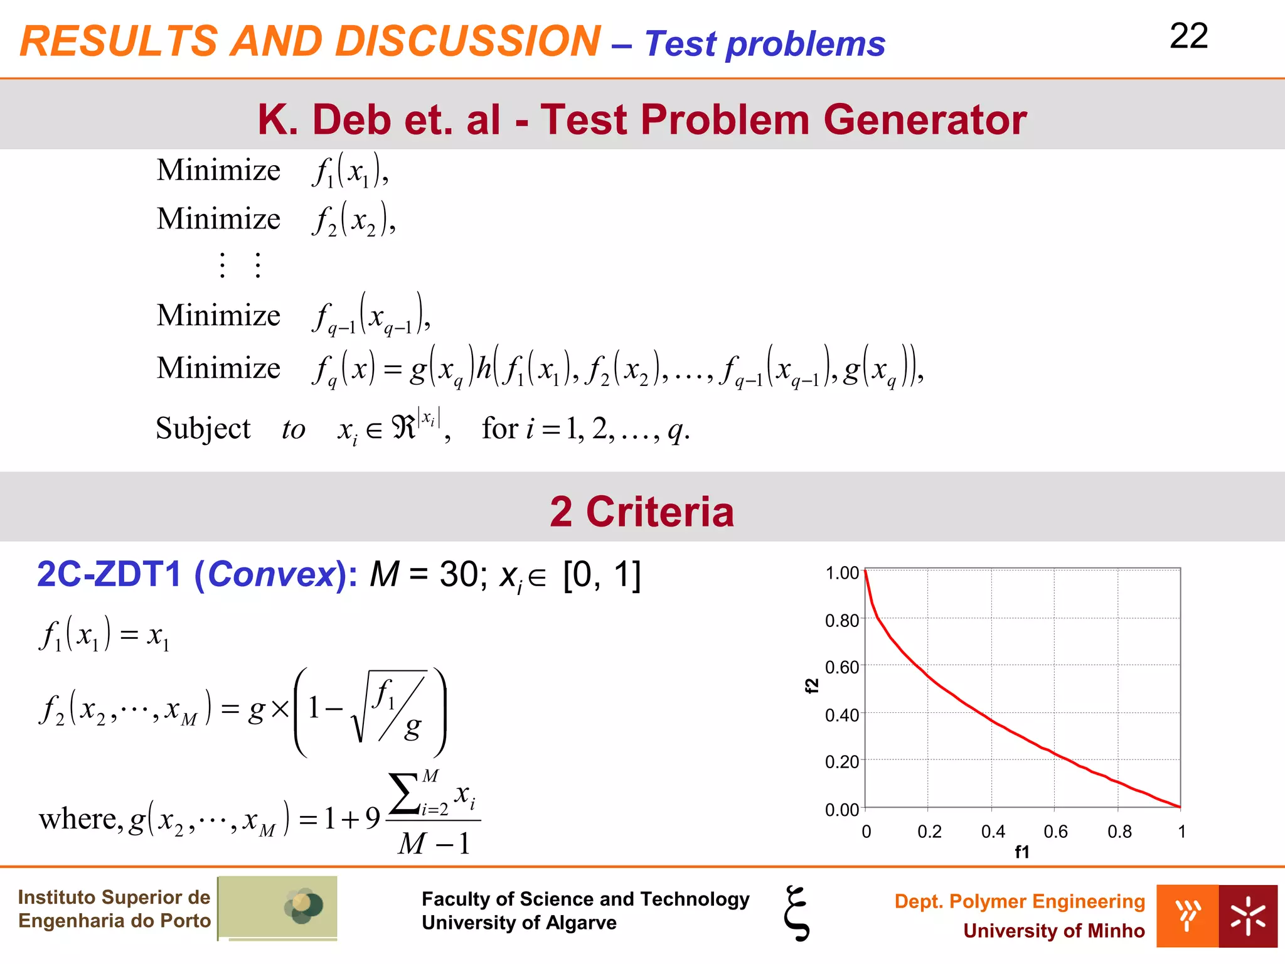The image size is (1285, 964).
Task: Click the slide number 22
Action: point(1188,36)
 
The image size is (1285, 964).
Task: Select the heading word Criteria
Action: point(659,511)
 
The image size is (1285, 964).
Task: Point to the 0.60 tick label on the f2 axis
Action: point(841,667)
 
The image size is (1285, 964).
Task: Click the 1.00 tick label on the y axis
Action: point(841,573)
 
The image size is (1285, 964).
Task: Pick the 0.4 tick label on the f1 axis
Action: point(993,832)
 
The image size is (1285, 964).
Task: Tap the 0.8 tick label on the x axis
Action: point(1119,832)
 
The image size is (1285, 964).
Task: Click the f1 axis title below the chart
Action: point(1022,852)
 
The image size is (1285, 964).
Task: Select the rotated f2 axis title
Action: point(812,686)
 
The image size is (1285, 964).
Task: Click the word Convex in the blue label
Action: point(271,574)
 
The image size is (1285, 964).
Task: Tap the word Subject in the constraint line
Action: point(203,429)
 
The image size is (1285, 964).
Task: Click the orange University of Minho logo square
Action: point(1187,916)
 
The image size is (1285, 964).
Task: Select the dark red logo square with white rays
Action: point(1248,916)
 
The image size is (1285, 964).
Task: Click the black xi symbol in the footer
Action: point(797,913)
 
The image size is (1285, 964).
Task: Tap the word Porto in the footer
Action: point(185,921)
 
